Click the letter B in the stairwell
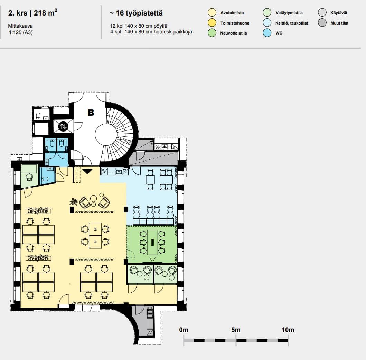coord(91,113)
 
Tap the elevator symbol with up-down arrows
coord(63,126)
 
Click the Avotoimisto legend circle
coord(212,12)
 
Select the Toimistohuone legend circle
coord(212,23)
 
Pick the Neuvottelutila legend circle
coord(212,33)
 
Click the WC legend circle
coord(267,33)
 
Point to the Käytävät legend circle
coord(322,12)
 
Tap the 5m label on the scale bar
coord(236,330)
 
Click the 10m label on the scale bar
coord(288,330)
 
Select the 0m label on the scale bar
coord(184,330)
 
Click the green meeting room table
coord(152,242)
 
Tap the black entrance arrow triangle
coord(87,172)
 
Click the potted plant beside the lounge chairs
coord(74,202)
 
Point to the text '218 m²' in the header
coord(46,12)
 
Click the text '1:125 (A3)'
coord(21,32)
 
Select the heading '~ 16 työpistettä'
coord(136,13)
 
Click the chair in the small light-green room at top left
coord(29,177)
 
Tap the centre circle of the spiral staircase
coord(106,135)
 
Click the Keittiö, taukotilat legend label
coord(292,23)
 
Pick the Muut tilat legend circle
coord(322,23)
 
